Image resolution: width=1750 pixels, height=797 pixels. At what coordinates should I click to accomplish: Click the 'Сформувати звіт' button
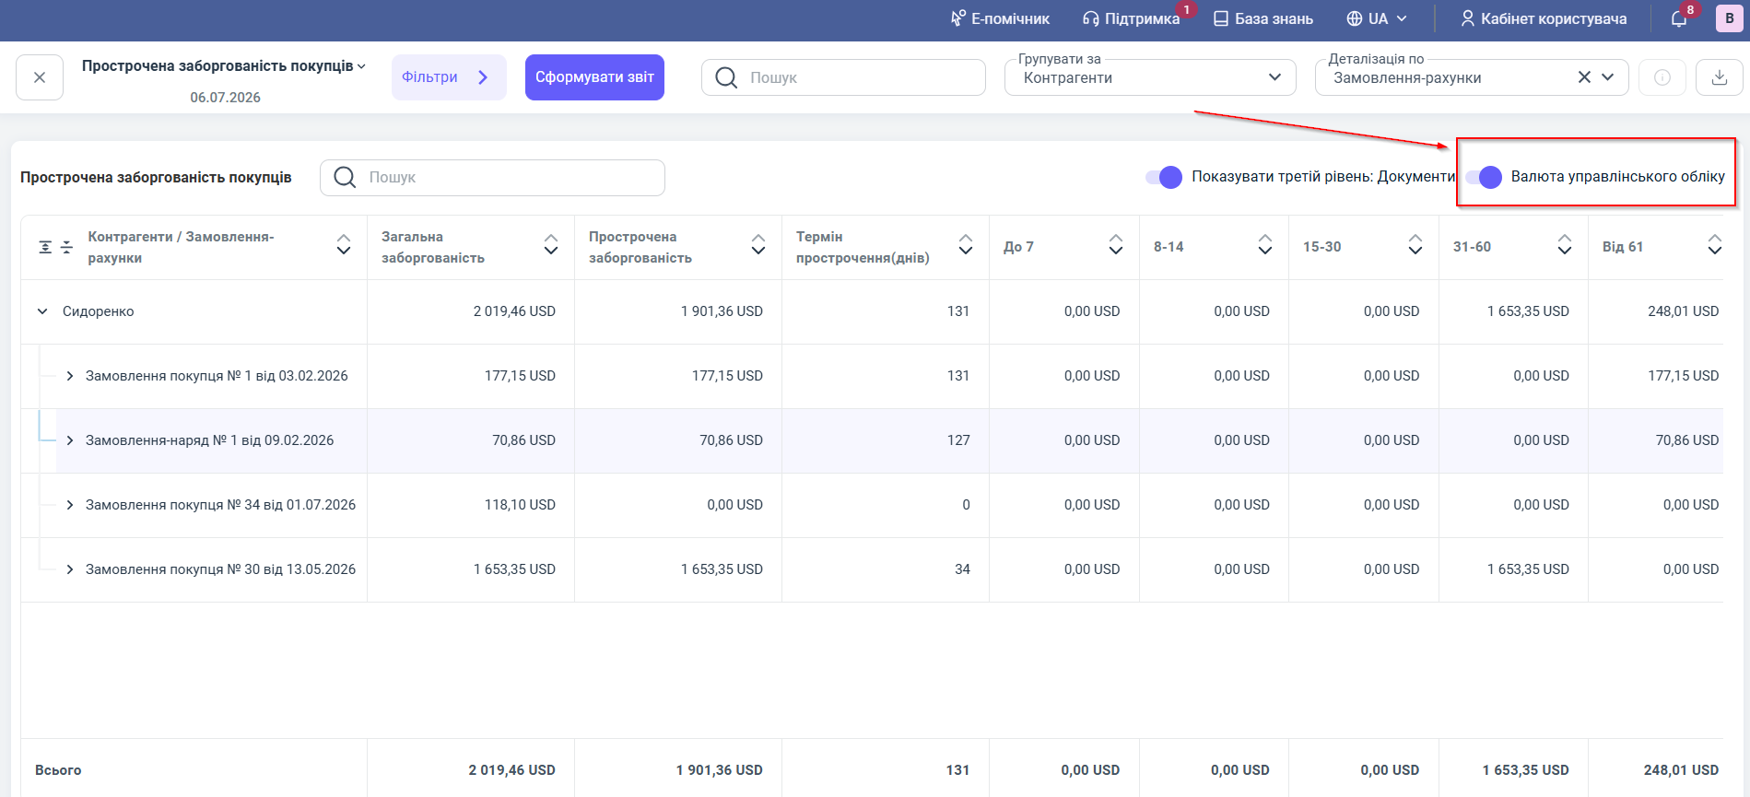pos(594,77)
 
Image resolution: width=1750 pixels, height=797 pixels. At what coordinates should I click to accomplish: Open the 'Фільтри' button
pos(449,77)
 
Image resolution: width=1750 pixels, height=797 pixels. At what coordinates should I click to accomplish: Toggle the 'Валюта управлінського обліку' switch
pos(1484,177)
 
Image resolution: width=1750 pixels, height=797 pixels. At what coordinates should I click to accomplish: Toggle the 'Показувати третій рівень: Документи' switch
pos(1164,177)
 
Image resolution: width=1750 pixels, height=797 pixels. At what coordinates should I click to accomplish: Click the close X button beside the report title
pos(40,77)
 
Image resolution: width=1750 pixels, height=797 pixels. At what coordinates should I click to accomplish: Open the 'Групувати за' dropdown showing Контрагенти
pos(1150,77)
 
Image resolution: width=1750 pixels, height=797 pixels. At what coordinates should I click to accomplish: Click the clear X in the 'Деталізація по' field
pos(1584,77)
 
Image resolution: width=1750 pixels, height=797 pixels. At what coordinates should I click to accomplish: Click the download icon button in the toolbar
pos(1719,77)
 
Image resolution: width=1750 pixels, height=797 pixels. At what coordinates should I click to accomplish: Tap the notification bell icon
pos(1679,19)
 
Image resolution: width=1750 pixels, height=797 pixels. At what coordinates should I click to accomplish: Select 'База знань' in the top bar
pos(1263,18)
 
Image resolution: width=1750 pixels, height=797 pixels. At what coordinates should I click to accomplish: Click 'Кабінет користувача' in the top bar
pos(1544,18)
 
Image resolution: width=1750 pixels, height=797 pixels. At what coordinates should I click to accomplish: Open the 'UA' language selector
pos(1377,18)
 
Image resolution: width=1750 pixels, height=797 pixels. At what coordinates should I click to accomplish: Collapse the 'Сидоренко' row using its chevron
pos(42,311)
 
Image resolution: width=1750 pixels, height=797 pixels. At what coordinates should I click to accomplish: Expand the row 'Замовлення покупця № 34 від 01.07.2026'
pos(70,505)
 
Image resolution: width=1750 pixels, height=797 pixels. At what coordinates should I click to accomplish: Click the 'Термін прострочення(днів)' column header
pos(863,247)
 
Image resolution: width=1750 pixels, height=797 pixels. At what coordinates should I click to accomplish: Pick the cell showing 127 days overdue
pos(958,440)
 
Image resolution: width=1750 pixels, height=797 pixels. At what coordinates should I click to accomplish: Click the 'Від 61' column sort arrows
pos(1714,244)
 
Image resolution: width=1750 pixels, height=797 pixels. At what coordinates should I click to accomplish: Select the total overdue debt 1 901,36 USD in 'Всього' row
pos(719,770)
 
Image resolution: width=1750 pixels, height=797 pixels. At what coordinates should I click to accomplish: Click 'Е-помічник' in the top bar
pos(1000,18)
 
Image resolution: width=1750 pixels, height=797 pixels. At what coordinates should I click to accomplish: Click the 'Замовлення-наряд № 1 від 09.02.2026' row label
pos(209,440)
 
